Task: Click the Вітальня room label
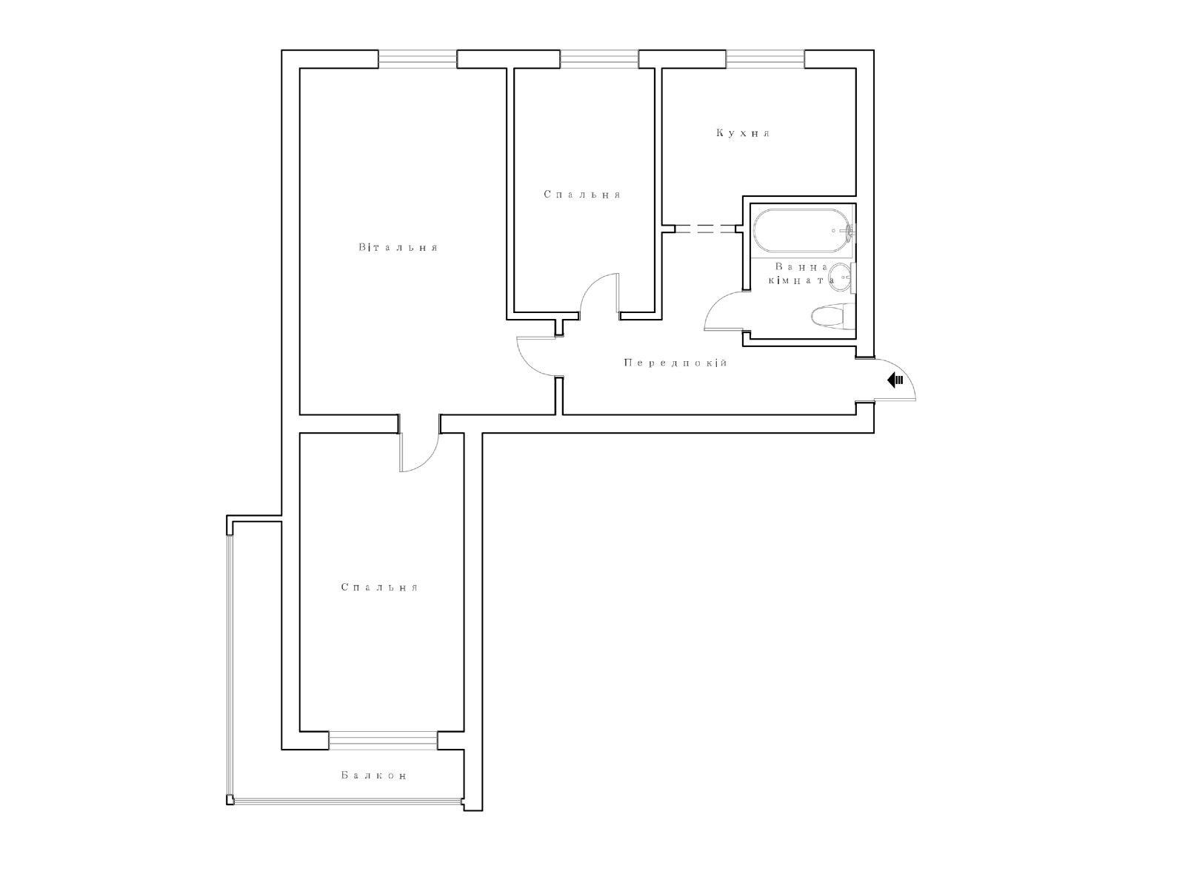tap(397, 247)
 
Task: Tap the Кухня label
tap(743, 133)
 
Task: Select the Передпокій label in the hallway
tap(675, 363)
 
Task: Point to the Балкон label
tap(373, 776)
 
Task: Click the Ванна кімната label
tap(801, 273)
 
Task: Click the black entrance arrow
tap(895, 380)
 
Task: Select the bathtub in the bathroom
tap(802, 232)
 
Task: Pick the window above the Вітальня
tap(417, 59)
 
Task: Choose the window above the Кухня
tap(765, 59)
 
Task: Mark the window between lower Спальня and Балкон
tap(383, 741)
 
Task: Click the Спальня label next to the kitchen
tap(582, 195)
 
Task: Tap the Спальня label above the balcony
tap(379, 587)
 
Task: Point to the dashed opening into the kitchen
tap(705, 229)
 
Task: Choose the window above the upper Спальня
tap(599, 59)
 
